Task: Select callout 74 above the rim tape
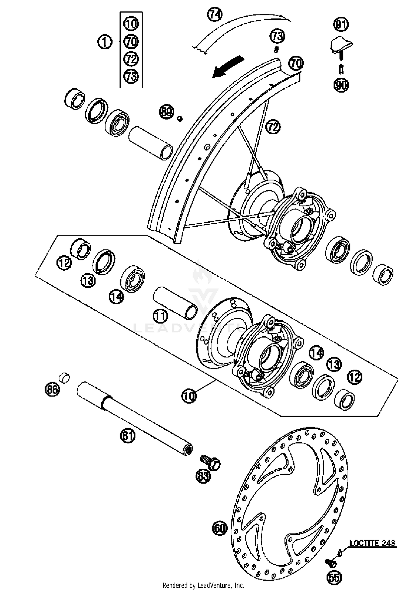click(215, 15)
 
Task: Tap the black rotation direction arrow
click(228, 67)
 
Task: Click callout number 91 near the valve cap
click(341, 25)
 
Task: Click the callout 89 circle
click(166, 112)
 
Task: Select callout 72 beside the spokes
click(273, 127)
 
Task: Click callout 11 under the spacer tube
click(160, 316)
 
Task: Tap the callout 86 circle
click(52, 390)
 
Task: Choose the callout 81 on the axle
click(128, 436)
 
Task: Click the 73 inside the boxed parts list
click(131, 76)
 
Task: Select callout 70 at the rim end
click(296, 63)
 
